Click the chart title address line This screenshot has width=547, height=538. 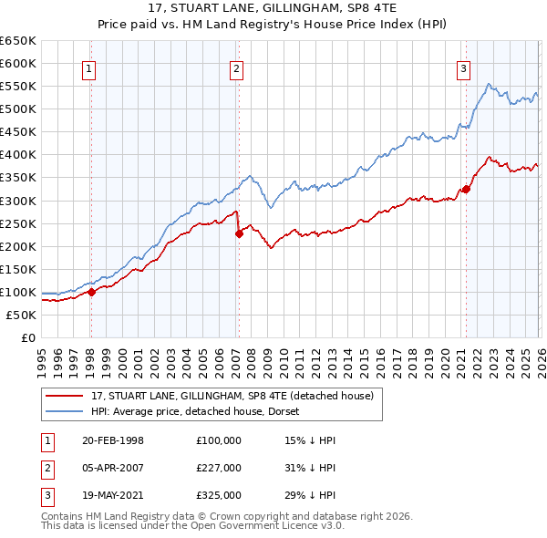pos(273,8)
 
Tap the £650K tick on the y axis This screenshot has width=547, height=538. pos(18,41)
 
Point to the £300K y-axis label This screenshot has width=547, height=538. pos(18,201)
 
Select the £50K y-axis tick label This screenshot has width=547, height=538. pos(21,315)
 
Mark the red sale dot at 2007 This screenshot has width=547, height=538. pos(239,233)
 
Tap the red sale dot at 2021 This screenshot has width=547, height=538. pos(466,189)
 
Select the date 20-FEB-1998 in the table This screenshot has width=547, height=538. pos(112,440)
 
